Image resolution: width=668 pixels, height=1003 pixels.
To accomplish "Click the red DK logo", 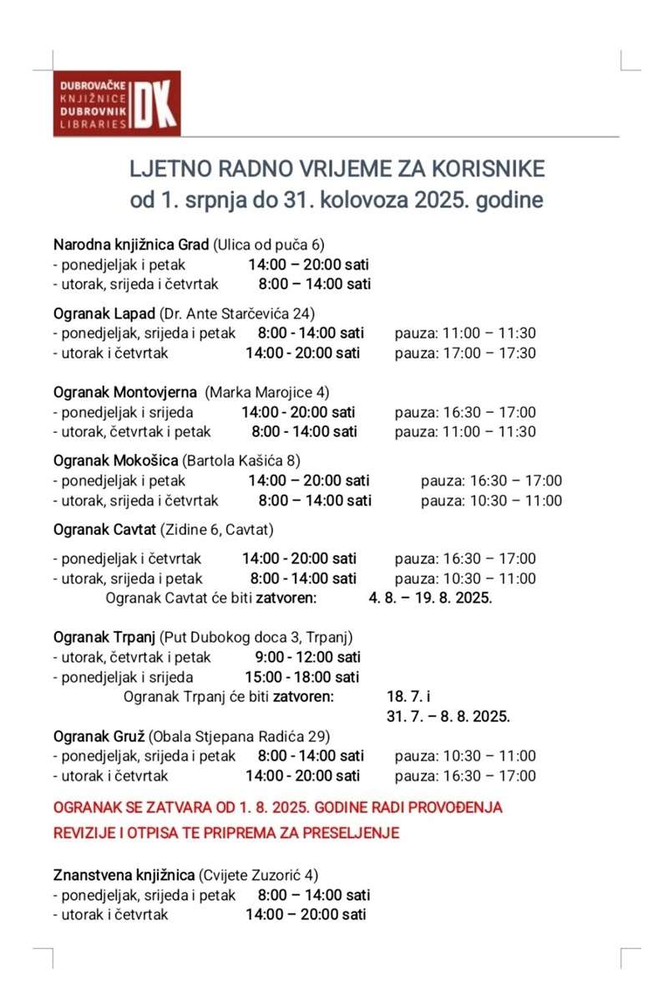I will (156, 103).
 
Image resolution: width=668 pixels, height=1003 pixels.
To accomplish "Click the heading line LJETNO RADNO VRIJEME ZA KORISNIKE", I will (337, 169).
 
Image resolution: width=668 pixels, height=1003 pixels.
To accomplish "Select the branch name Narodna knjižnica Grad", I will (130, 245).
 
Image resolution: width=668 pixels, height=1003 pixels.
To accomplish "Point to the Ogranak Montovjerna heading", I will (125, 392).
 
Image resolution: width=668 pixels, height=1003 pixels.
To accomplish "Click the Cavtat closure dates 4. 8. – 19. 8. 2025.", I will (430, 598).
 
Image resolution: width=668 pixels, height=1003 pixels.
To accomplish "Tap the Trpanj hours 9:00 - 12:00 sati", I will (308, 657).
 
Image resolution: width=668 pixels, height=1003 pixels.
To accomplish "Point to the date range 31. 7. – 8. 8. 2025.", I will (448, 716).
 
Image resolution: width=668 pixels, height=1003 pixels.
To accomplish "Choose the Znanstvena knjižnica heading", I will (124, 875).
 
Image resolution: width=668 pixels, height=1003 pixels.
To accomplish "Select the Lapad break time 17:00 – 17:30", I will (465, 353).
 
